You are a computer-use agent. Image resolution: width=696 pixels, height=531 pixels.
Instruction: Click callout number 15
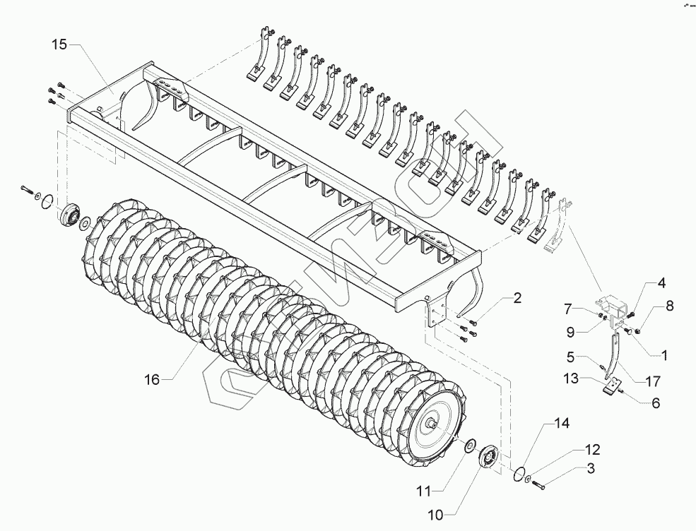61,44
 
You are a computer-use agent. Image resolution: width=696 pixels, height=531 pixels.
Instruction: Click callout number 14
561,424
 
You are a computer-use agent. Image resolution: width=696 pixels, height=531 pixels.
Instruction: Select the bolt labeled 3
538,484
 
